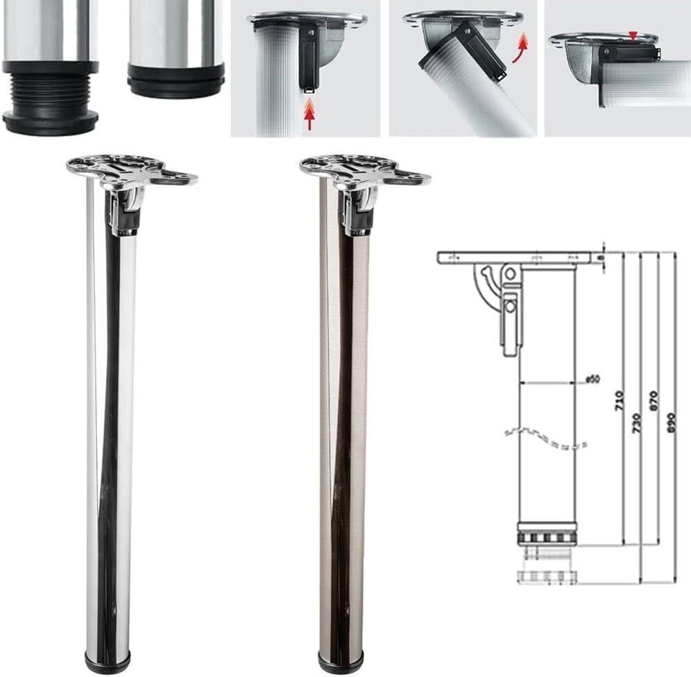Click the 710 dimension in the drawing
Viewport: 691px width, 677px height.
coord(620,400)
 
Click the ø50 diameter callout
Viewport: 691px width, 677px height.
coord(592,379)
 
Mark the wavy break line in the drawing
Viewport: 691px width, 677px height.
coord(545,437)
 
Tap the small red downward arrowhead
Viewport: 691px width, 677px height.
coord(631,35)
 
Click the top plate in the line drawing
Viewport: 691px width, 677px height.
coord(517,257)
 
